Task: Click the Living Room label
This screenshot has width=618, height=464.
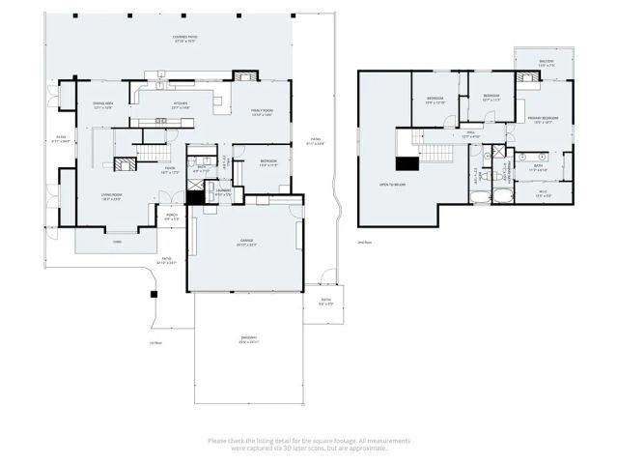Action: pyautogui.click(x=111, y=197)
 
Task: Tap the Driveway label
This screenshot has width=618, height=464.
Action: pyautogui.click(x=249, y=339)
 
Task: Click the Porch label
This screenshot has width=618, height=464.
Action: pyautogui.click(x=171, y=217)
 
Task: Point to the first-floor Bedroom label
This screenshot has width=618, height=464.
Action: pyautogui.click(x=267, y=162)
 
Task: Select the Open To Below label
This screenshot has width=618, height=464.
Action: pyautogui.click(x=391, y=185)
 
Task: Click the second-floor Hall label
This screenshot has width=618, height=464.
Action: pyautogui.click(x=471, y=134)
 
